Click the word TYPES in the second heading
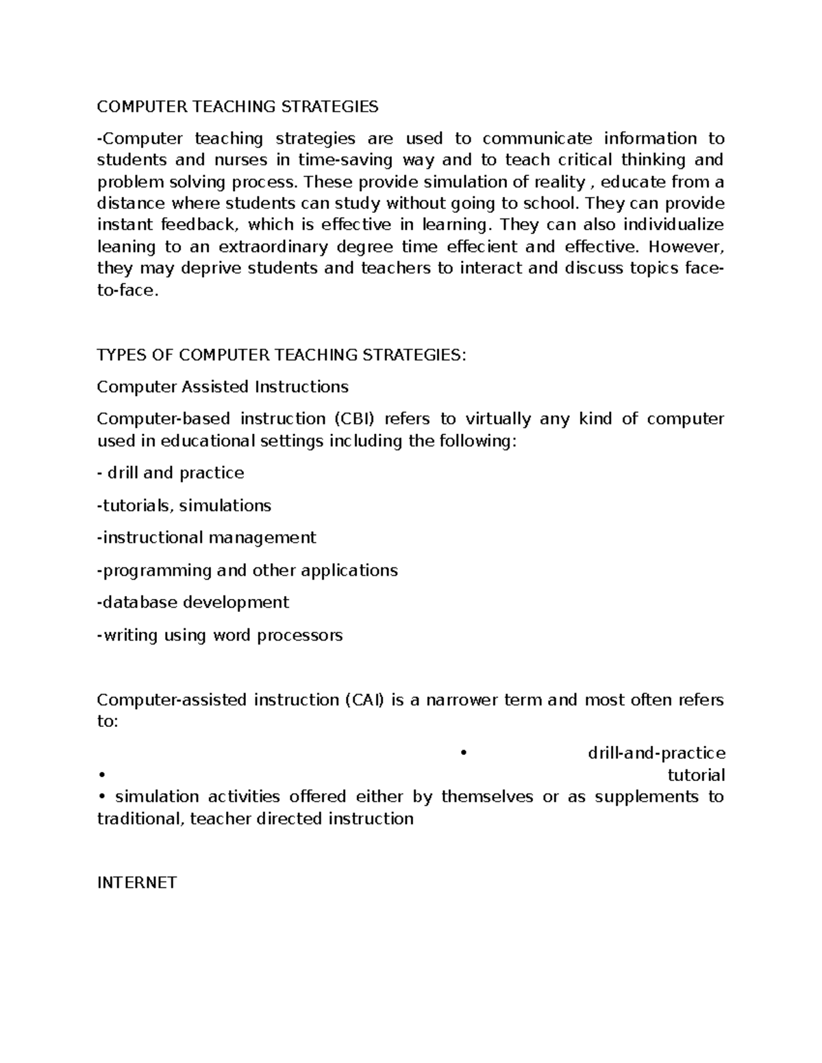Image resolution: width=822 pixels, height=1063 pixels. click(x=119, y=355)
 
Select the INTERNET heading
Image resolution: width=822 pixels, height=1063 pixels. click(x=137, y=882)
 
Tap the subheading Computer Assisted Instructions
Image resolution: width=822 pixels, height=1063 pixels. click(x=223, y=387)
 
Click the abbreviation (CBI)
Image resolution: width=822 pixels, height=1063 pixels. click(x=354, y=419)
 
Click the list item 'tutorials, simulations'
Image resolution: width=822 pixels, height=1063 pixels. click(x=184, y=505)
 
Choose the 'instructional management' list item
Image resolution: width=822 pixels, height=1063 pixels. click(x=207, y=538)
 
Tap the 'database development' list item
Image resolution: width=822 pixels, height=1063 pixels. click(x=193, y=602)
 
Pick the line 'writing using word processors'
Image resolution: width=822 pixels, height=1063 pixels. click(x=220, y=635)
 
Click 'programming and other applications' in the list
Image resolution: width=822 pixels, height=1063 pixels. click(x=247, y=570)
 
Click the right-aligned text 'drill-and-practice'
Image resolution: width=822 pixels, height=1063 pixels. click(x=656, y=753)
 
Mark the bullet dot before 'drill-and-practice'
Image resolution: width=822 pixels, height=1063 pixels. click(x=464, y=754)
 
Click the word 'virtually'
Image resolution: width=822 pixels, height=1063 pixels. click(x=498, y=419)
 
